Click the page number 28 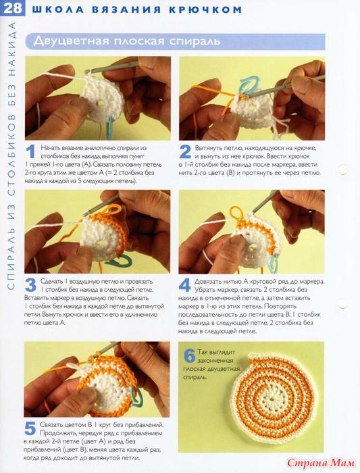coord(13,8)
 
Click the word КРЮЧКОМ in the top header coord(205,9)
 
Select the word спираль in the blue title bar coord(195,41)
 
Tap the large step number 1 coord(30,152)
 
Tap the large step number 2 coord(185,152)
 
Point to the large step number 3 coord(30,285)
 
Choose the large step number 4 coord(185,285)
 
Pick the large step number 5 coord(30,428)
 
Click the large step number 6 coord(190,356)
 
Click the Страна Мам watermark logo coord(321,462)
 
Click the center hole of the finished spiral coord(273,398)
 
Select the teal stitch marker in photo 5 coord(136,397)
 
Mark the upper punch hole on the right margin coord(343,170)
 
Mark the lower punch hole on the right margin coord(343,303)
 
